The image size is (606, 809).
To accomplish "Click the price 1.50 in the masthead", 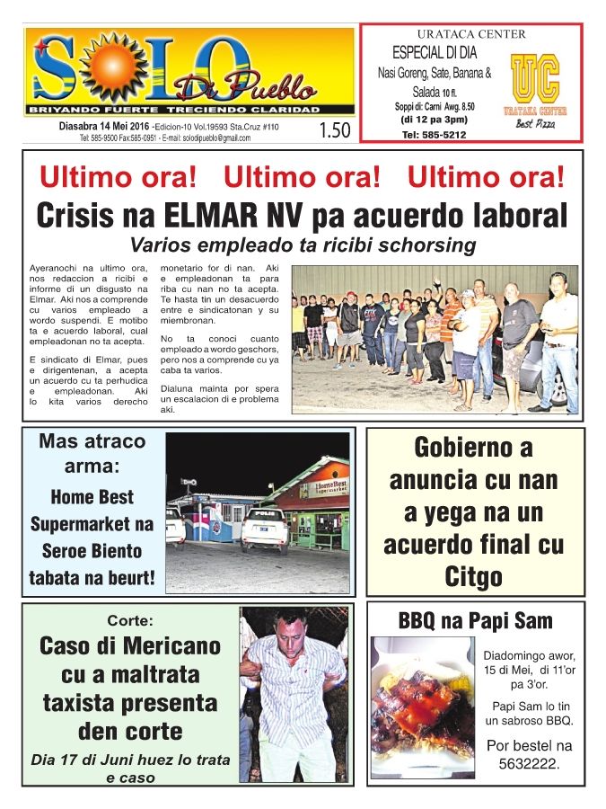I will (334, 130).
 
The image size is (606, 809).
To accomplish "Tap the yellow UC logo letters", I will (535, 79).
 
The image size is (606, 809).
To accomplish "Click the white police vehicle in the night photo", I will (265, 529).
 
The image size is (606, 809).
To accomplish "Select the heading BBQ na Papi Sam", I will (475, 620).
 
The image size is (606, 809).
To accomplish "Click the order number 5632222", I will (529, 764).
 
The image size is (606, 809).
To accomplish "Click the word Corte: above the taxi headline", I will (130, 620).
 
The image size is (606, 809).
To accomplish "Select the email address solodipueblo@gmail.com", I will (207, 138).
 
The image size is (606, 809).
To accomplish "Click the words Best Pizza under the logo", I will (535, 124).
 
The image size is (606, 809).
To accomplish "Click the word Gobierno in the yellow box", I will (473, 448).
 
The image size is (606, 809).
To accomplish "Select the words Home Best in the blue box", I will (92, 496).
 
